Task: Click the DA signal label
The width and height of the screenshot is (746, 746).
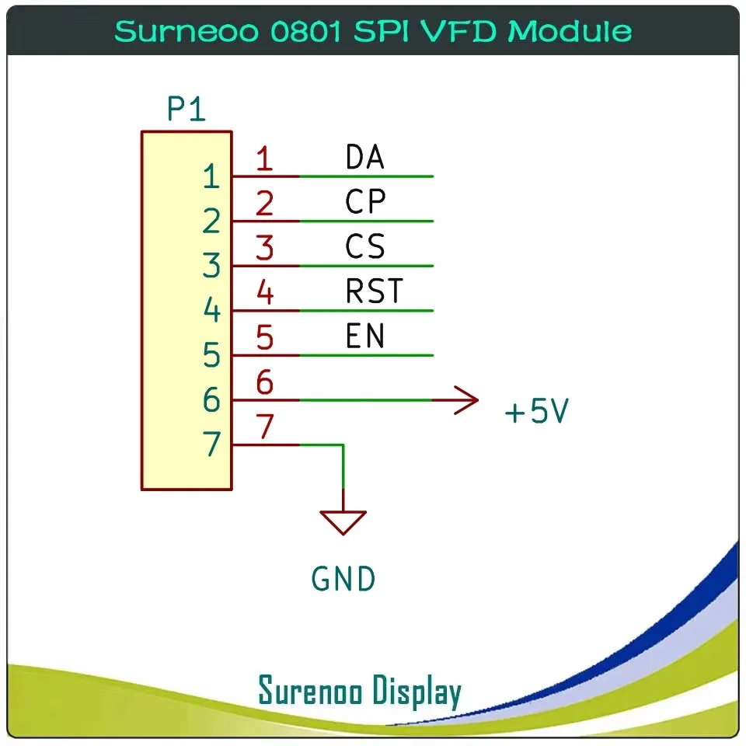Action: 364,158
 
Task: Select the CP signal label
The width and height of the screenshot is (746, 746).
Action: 365,202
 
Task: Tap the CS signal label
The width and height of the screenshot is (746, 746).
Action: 365,247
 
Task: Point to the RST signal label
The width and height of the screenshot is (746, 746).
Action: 375,291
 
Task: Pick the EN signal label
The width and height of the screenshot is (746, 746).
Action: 365,336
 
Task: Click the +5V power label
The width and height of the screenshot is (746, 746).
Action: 536,412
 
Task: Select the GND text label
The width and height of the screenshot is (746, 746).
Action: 343,579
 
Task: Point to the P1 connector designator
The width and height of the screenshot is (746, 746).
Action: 186,110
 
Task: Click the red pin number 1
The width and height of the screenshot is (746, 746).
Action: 265,159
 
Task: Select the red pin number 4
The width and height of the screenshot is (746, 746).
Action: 265,294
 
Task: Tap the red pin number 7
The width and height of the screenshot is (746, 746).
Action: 265,427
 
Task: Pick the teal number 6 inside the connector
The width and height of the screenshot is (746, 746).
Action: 211,401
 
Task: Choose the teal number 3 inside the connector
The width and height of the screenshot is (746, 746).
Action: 211,267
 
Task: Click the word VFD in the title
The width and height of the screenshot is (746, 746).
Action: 463,31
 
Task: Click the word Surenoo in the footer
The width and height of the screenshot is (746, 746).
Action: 310,691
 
